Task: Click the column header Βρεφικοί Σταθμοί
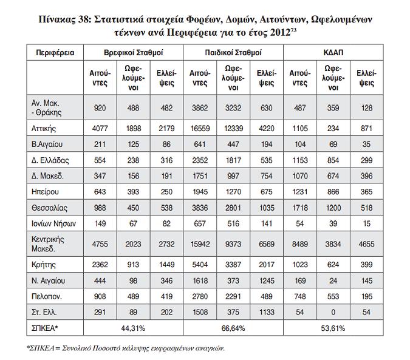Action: pyautogui.click(x=134, y=53)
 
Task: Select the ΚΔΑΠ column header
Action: pyautogui.click(x=333, y=53)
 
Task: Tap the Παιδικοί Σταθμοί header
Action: pyautogui.click(x=233, y=53)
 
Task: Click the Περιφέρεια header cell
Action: pyautogui.click(x=55, y=53)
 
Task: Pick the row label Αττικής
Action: pyautogui.click(x=44, y=129)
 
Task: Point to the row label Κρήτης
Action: pyautogui.click(x=43, y=265)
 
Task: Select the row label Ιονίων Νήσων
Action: pyautogui.click(x=53, y=223)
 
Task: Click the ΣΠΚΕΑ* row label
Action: pyautogui.click(x=43, y=328)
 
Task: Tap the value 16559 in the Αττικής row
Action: pyautogui.click(x=200, y=129)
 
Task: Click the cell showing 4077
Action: pyautogui.click(x=100, y=129)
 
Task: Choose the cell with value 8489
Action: pyautogui.click(x=300, y=244)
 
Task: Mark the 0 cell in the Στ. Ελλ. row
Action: pyautogui.click(x=333, y=312)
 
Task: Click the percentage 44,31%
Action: pyautogui.click(x=133, y=328)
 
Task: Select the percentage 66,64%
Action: pyautogui.click(x=233, y=328)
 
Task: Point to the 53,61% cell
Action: pyautogui.click(x=333, y=328)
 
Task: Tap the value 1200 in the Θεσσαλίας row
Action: pyautogui.click(x=333, y=208)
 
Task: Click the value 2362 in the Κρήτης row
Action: pyautogui.click(x=100, y=265)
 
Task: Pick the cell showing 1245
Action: pyautogui.click(x=267, y=281)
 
